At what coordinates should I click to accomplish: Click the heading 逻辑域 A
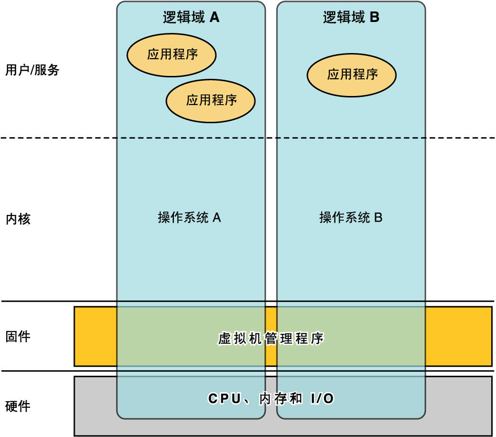[x=191, y=18]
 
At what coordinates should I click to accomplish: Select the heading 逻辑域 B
[x=351, y=18]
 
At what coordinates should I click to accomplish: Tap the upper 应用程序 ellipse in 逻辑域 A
[x=172, y=54]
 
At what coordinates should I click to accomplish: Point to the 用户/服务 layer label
[x=32, y=70]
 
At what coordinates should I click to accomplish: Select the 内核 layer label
[x=18, y=219]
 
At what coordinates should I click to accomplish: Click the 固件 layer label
[x=18, y=336]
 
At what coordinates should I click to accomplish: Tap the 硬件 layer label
[x=18, y=406]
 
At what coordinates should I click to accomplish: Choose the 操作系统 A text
[x=189, y=218]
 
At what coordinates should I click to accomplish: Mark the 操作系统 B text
[x=351, y=218]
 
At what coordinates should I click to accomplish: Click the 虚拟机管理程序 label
[x=270, y=339]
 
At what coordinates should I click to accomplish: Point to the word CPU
[x=225, y=399]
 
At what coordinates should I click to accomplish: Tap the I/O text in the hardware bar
[x=322, y=399]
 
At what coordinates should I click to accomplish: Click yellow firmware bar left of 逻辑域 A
[x=96, y=336]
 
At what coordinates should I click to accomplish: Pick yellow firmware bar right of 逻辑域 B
[x=458, y=336]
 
